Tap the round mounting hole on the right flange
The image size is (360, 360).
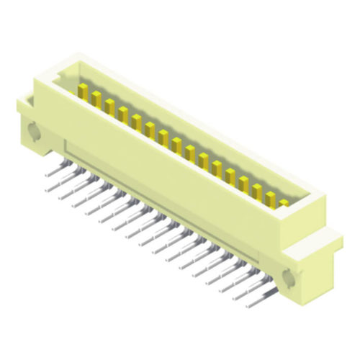(x=289, y=277)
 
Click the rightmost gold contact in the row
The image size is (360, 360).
(x=284, y=203)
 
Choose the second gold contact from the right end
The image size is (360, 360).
(x=271, y=196)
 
